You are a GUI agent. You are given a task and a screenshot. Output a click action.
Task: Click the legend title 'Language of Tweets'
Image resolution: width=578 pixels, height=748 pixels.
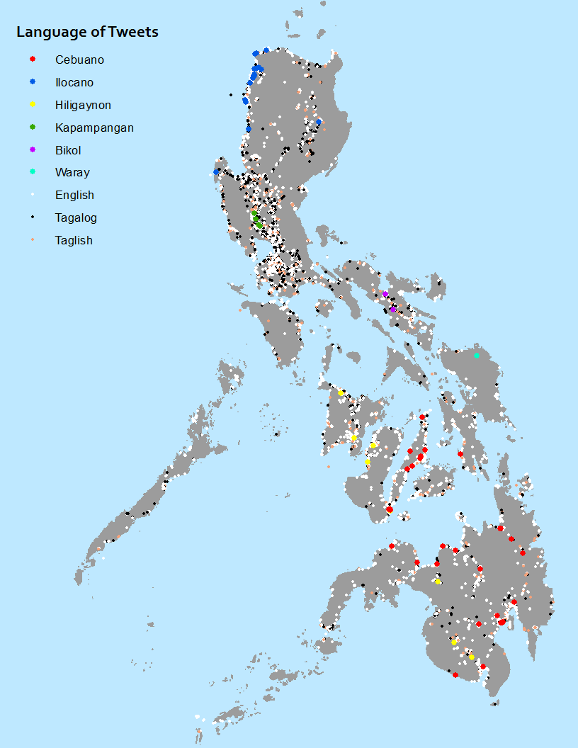click(87, 32)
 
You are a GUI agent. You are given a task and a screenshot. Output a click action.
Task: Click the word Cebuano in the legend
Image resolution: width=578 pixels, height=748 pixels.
click(79, 60)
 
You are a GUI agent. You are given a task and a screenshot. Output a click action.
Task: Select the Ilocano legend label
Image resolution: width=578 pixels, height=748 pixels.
click(74, 83)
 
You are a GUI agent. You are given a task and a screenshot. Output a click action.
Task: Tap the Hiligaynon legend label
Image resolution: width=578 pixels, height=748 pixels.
click(83, 106)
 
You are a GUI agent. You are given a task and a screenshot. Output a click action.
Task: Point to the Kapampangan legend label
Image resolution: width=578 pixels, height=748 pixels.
click(94, 128)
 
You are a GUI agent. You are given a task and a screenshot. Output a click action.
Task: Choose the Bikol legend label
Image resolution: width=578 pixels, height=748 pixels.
click(69, 150)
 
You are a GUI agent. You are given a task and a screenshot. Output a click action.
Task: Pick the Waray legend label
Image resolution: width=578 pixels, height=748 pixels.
click(72, 173)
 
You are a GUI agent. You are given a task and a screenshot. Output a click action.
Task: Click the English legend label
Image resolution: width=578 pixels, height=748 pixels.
click(74, 195)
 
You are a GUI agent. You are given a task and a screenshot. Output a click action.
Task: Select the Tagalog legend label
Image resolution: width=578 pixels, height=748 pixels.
click(76, 218)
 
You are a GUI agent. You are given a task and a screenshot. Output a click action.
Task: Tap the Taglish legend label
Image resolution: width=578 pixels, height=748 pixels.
click(74, 241)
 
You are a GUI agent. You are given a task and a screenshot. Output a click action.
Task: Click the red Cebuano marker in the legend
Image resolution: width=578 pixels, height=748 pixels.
click(33, 60)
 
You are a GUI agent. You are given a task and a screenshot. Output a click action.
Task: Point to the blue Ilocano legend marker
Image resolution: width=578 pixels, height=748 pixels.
click(33, 83)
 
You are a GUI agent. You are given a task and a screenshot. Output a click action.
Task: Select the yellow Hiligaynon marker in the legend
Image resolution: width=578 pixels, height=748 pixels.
click(33, 106)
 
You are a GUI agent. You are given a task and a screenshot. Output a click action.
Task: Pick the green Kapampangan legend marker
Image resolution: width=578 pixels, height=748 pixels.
click(33, 127)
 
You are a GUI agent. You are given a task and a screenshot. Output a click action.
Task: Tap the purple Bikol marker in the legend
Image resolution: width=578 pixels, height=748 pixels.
click(33, 150)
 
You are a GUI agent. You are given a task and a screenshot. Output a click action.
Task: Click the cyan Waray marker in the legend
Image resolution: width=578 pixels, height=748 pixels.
click(33, 173)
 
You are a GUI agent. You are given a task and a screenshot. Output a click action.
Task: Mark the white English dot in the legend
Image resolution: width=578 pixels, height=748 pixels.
click(33, 195)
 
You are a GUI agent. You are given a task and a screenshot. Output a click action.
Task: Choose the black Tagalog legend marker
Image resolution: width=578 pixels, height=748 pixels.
click(33, 218)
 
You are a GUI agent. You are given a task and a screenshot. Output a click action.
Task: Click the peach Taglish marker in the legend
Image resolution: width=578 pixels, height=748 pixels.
click(33, 241)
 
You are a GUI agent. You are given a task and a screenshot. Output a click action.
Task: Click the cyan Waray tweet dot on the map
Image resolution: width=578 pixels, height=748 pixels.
click(477, 356)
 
